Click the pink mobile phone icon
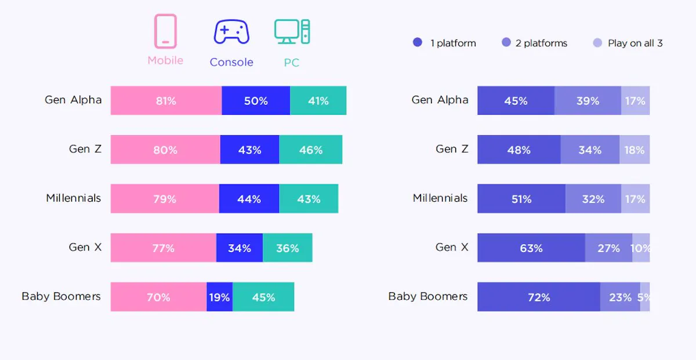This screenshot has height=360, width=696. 165,31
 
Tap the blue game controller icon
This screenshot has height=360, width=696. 231,32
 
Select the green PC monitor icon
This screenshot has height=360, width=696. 292,32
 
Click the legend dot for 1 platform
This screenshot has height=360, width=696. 418,42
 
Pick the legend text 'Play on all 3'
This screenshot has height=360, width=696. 635,43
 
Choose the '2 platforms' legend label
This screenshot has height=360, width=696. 541,43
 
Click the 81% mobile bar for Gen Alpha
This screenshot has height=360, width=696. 166,101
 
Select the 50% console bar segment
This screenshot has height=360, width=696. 256,101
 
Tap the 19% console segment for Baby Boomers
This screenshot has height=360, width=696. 219,297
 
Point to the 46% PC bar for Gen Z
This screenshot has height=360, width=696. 311,150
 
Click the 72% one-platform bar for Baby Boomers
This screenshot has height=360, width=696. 539,297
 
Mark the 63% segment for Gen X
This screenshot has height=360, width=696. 531,248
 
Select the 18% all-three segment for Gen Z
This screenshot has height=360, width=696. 635,150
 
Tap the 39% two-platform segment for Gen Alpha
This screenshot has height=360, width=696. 588,101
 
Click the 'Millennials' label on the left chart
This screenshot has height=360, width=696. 74,198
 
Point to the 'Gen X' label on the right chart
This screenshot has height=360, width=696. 452,248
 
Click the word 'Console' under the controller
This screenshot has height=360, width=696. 231,62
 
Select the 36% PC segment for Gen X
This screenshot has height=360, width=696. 288,248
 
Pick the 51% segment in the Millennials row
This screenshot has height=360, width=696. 521,199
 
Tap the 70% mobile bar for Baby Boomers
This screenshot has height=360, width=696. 158,297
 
